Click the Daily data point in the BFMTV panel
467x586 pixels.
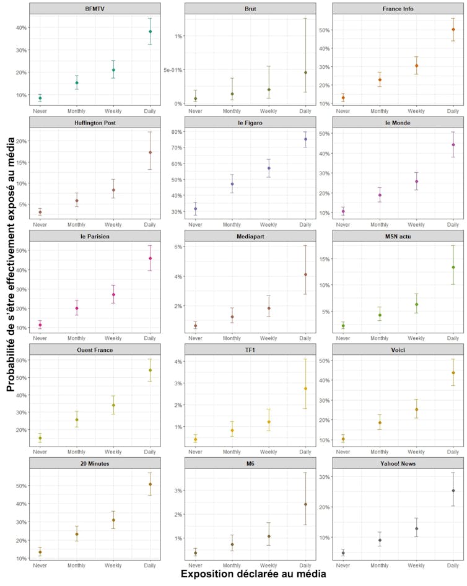pyautogui.click(x=150, y=32)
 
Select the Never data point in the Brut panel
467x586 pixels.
pyautogui.click(x=195, y=98)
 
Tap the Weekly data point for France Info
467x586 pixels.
pyautogui.click(x=417, y=66)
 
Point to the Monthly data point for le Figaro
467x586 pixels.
pyautogui.click(x=232, y=184)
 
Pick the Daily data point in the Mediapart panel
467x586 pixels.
pyautogui.click(x=305, y=274)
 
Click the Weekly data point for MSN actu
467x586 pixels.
pyautogui.click(x=417, y=304)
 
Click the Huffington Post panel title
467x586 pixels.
pyautogui.click(x=95, y=123)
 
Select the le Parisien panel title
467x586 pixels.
pyautogui.click(x=95, y=236)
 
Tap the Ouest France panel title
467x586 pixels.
pyautogui.click(x=95, y=350)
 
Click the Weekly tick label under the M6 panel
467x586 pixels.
pyautogui.click(x=268, y=566)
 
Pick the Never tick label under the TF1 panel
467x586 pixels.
pyautogui.click(x=195, y=452)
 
